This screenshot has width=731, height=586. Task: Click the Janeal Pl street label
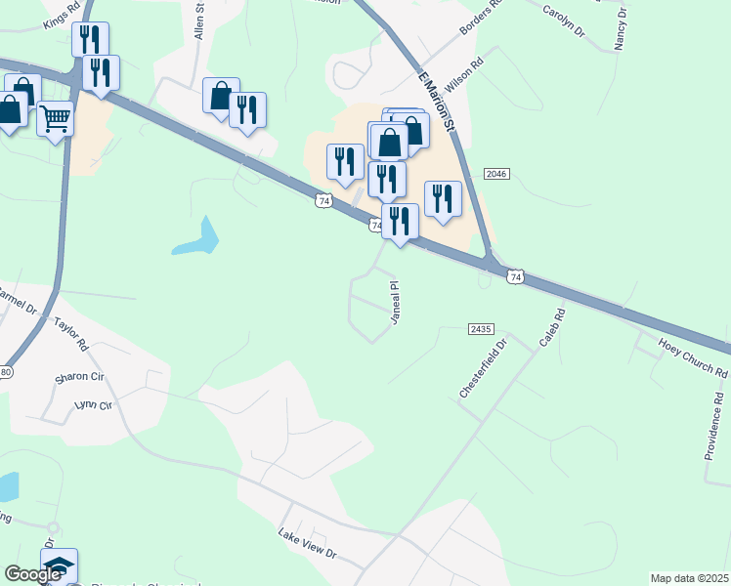point(396,303)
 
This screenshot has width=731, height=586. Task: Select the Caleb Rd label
point(552,330)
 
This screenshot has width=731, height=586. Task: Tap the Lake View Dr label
point(307,546)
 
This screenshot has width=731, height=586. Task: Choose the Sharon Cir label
point(80,376)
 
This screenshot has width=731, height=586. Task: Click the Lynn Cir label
point(94,404)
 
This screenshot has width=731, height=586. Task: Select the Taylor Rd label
point(70,332)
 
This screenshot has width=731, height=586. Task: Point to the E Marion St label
point(436,101)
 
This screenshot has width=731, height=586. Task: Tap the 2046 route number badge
point(495,174)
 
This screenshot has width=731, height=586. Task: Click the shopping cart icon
point(56,119)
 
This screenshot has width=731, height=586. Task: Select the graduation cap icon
point(58,566)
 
